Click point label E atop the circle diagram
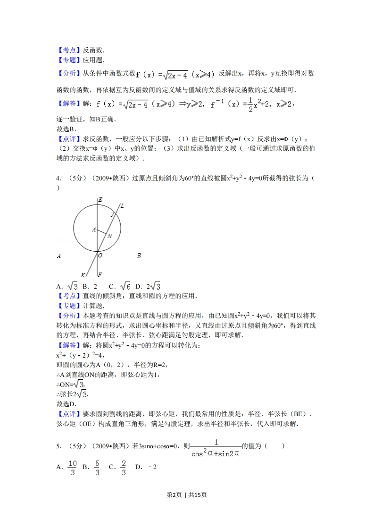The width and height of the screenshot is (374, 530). pos(100,200)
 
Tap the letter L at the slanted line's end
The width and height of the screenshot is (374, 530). pos(122,205)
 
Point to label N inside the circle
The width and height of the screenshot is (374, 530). pos(109,236)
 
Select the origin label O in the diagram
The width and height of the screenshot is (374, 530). pos(100,256)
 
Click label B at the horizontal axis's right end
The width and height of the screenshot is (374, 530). pos(139,256)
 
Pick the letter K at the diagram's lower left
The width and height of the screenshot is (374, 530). pos(83,275)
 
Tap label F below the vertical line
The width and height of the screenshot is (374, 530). pos(100,274)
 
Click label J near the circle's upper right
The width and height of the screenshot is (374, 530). pos(112,215)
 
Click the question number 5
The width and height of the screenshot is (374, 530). pos(58,445)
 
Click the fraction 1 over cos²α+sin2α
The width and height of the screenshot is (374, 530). pos(216,448)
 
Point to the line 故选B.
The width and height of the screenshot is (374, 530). pos(66,128)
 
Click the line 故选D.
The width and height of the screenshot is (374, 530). pos(66,404)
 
